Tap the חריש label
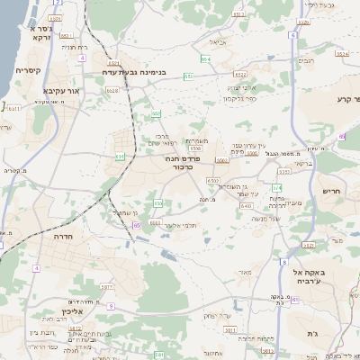(333, 192)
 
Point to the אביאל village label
(218, 41)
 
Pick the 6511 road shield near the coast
(13, 108)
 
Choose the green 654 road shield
(206, 59)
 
